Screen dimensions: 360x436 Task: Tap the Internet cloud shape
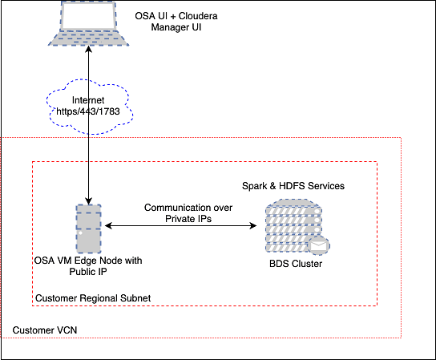(x=87, y=103)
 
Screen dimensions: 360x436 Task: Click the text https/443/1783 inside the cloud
(x=88, y=110)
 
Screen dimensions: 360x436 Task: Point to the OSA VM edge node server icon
(x=88, y=227)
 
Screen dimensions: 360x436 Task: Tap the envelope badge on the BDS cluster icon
(x=322, y=245)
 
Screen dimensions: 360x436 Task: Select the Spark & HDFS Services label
(x=293, y=186)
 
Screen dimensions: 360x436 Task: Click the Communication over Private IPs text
(x=188, y=212)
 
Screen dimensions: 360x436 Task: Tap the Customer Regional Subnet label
(x=92, y=298)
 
